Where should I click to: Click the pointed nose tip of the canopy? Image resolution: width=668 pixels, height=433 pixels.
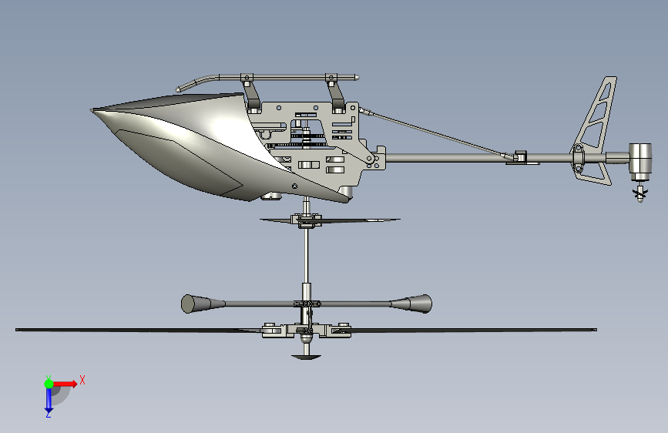[x=93, y=111]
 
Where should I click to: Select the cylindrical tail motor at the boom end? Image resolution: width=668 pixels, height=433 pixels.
[x=639, y=159]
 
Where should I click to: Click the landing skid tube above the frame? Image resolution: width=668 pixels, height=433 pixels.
[x=285, y=76]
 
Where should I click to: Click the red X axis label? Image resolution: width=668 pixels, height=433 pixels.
[x=82, y=380]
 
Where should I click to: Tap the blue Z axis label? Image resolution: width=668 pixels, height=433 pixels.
[x=48, y=414]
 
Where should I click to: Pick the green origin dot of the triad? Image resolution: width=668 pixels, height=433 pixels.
[x=49, y=384]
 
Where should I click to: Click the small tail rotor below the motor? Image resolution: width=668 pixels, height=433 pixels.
[x=638, y=193]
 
